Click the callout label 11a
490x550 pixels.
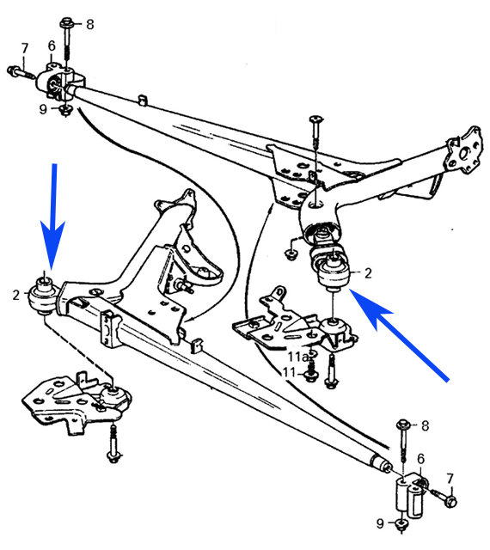[x=297, y=357]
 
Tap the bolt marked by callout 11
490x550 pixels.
[x=310, y=372]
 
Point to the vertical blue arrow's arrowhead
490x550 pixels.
[x=53, y=247]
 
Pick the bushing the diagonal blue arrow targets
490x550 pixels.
[x=334, y=273]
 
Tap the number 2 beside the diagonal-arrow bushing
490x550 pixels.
[x=368, y=273]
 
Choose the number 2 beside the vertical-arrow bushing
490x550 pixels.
[x=16, y=295]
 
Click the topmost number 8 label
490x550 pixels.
[x=90, y=25]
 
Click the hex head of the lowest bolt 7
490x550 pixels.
[x=451, y=502]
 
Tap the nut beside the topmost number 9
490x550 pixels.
[x=65, y=111]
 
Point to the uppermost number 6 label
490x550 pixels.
[x=52, y=46]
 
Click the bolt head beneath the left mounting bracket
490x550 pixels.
[x=113, y=457]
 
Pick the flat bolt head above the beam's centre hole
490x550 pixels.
[x=315, y=120]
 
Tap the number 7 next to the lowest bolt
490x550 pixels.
[x=450, y=479]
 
